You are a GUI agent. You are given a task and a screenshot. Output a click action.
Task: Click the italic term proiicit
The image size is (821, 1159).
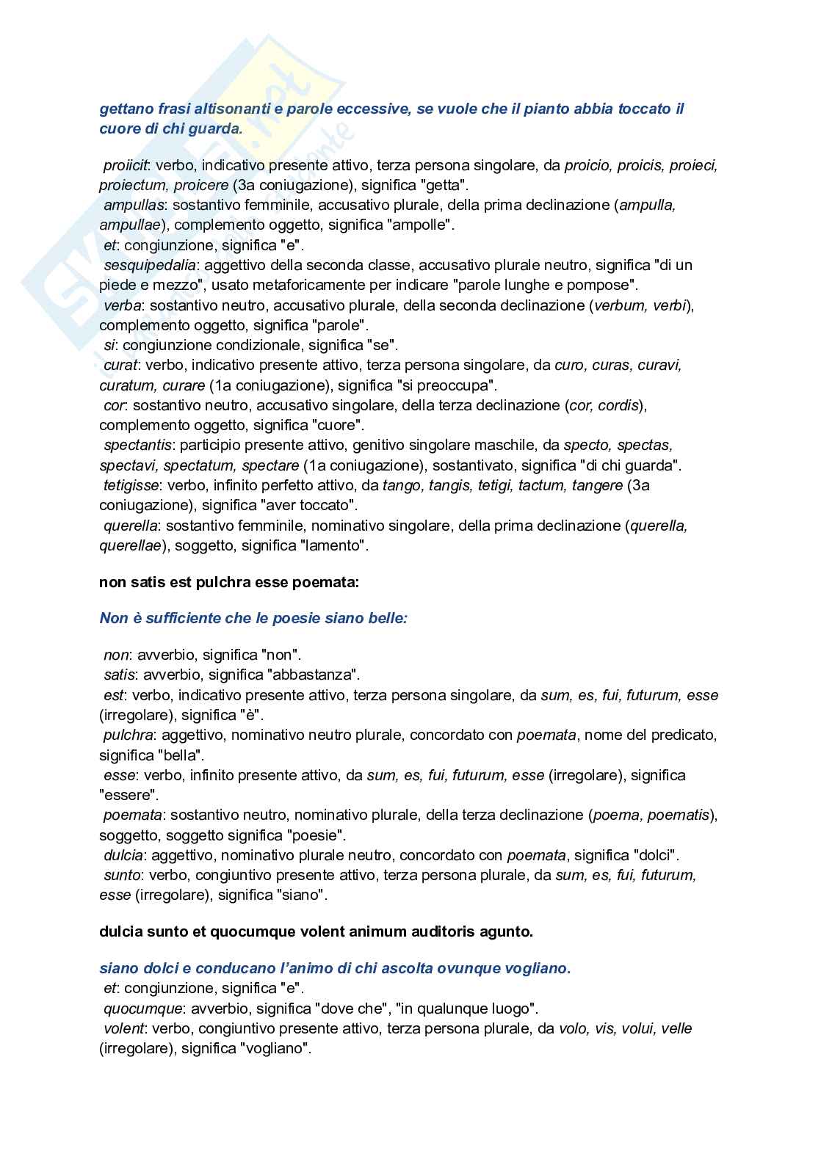pos(123,166)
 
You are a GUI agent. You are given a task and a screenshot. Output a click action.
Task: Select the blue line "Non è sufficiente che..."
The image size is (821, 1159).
pos(253,618)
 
